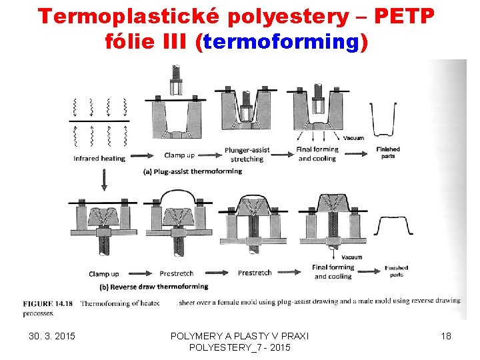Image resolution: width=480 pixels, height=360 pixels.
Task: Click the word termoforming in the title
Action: coord(281,42)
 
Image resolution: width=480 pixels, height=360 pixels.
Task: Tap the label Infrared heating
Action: coord(99,159)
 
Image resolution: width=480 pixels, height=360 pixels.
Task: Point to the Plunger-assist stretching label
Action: coord(247,155)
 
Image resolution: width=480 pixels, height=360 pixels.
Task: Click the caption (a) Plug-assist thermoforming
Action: coord(193,171)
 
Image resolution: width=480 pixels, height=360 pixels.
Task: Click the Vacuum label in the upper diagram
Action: coord(354,138)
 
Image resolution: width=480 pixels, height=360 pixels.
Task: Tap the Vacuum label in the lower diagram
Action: coord(351,257)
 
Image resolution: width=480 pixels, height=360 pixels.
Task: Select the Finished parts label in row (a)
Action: coord(388,153)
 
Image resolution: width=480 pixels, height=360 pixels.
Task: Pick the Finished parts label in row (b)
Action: coord(396,271)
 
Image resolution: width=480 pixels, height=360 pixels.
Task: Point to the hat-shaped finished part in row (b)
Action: coord(395,226)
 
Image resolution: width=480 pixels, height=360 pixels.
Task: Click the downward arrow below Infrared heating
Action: coord(104,179)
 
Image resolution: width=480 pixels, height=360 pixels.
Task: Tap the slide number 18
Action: coord(446,336)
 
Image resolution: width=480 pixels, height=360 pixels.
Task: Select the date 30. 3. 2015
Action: coord(52,336)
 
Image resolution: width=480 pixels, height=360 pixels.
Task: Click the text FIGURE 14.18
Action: coord(47,303)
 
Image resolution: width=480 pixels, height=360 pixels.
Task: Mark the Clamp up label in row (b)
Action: coord(103,274)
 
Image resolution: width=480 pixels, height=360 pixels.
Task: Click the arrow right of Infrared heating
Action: coord(137,159)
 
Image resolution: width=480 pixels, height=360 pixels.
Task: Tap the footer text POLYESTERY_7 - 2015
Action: coord(240,348)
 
